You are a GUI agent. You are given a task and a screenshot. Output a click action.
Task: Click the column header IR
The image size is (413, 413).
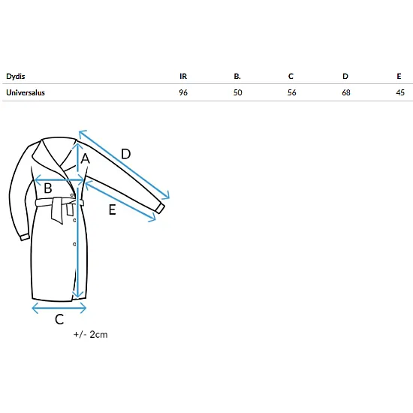[183, 77]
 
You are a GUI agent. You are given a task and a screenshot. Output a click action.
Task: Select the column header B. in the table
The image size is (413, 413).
[237, 77]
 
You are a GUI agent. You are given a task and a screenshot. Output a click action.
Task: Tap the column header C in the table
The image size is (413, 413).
[291, 77]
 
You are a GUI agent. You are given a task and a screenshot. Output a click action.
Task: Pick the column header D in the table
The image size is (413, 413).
[345, 77]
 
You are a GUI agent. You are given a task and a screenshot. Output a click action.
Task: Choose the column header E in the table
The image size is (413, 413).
[399, 77]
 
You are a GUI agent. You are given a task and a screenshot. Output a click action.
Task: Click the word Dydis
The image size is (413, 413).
[16, 77]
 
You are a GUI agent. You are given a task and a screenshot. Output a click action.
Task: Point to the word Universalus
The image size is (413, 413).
[26, 92]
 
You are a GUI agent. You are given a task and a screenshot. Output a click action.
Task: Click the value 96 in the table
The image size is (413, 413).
[183, 92]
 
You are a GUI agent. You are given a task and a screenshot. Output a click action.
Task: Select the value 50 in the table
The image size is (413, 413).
[237, 92]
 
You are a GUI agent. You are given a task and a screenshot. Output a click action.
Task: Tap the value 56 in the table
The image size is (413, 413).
[292, 92]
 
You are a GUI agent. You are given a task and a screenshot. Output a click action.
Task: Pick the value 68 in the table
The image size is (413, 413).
[346, 92]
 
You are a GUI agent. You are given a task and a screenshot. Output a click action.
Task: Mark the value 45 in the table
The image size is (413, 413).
[400, 92]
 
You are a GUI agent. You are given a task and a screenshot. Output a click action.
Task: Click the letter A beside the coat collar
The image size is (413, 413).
[86, 159]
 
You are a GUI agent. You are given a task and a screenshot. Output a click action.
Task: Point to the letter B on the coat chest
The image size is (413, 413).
[47, 188]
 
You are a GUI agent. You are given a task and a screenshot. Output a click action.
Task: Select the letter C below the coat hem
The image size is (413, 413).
[59, 319]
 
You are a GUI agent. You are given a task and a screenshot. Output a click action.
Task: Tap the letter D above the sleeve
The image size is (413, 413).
[126, 154]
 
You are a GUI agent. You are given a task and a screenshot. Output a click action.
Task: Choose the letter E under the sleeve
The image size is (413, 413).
[112, 210]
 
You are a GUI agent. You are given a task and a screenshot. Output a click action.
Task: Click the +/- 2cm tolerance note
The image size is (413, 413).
[91, 334]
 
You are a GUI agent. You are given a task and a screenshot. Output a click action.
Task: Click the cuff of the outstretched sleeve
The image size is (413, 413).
[160, 208]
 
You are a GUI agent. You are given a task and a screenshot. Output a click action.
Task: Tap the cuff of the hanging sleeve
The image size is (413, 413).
[25, 237]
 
